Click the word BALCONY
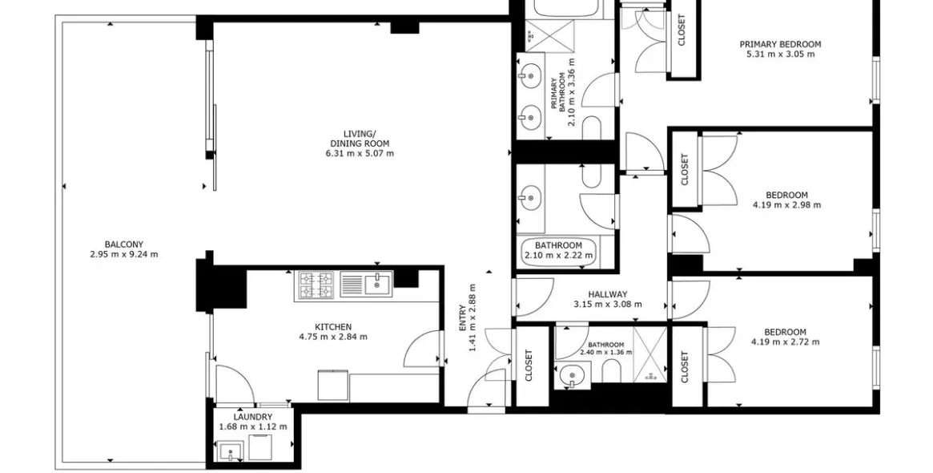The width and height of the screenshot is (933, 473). point(123,245)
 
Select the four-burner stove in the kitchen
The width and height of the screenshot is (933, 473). point(316,285)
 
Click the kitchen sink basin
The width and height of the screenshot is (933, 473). point(376,282)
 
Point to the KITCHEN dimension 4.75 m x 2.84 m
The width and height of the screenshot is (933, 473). point(332,337)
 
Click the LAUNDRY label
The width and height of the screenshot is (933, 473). point(253,417)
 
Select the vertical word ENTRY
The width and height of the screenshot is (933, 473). point(462,319)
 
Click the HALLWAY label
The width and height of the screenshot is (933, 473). point(607,294)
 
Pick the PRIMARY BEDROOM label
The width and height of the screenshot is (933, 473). point(780,45)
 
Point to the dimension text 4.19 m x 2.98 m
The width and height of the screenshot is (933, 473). point(786,205)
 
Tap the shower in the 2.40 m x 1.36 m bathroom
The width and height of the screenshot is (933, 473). point(649,353)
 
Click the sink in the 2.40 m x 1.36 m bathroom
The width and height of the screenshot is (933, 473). point(572,374)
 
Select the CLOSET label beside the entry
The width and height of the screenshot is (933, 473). point(528,366)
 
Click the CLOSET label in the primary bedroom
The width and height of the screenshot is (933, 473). point(682,30)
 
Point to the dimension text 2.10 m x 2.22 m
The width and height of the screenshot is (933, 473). point(558,256)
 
